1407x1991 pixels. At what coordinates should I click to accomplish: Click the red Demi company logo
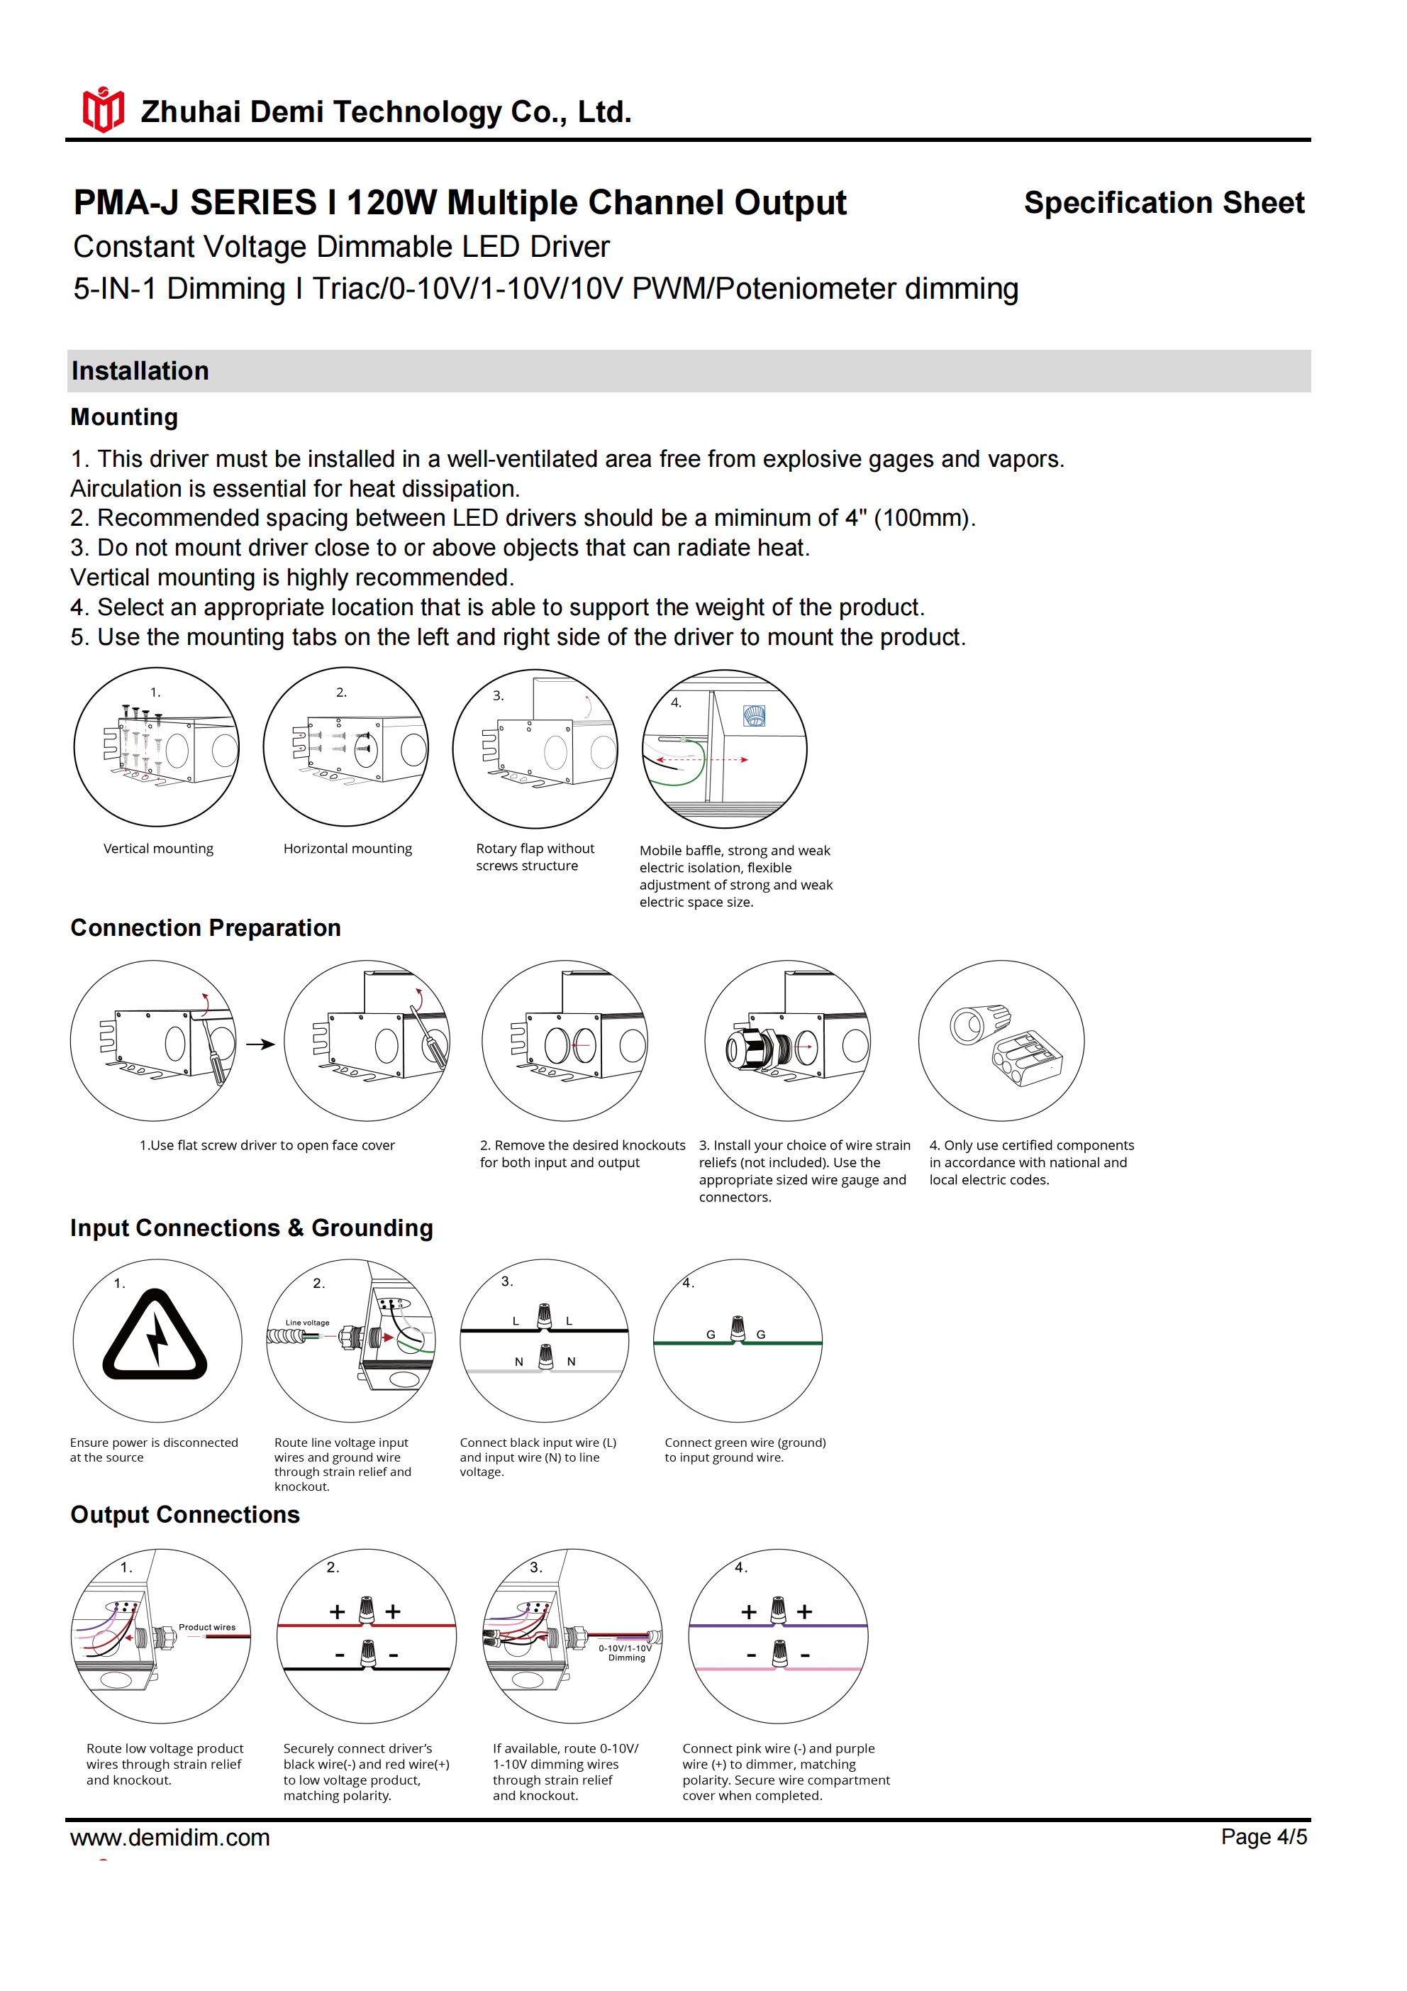[103, 110]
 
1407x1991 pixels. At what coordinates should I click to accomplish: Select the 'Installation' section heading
[140, 371]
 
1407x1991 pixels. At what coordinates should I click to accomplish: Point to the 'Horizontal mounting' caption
[347, 849]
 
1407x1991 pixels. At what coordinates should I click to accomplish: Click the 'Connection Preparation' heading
[206, 928]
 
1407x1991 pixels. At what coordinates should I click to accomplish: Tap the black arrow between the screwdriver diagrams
[260, 1044]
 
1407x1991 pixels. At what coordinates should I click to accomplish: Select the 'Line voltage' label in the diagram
[308, 1323]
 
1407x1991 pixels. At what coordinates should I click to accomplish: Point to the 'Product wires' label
[207, 1628]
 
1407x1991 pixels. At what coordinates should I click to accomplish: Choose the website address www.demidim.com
[170, 1838]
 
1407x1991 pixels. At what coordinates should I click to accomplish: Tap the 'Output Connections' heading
[184, 1515]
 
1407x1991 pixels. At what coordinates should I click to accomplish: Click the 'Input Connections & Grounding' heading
[252, 1228]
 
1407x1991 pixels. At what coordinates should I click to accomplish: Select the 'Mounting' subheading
[124, 417]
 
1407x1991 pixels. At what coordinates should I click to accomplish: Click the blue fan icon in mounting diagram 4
[755, 715]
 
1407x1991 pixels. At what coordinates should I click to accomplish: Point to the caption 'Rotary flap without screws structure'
[535, 856]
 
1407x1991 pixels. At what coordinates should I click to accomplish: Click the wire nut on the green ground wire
[738, 1328]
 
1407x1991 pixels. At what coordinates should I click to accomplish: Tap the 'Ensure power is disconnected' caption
[153, 1450]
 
